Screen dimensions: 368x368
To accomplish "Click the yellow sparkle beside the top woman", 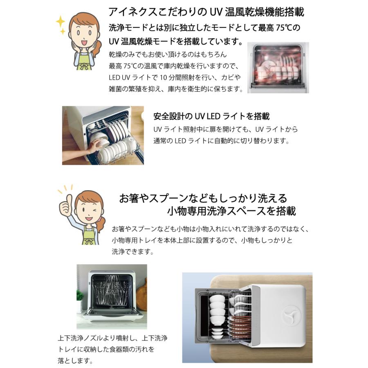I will click(61, 22).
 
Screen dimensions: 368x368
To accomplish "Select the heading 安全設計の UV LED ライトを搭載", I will click(211, 117).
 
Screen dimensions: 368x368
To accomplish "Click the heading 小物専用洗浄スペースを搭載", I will click(231, 211).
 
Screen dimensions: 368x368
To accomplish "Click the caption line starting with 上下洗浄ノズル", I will click(112, 339).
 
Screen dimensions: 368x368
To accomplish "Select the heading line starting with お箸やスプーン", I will click(203, 198).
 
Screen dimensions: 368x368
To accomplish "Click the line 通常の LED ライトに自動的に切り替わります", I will click(221, 141).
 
